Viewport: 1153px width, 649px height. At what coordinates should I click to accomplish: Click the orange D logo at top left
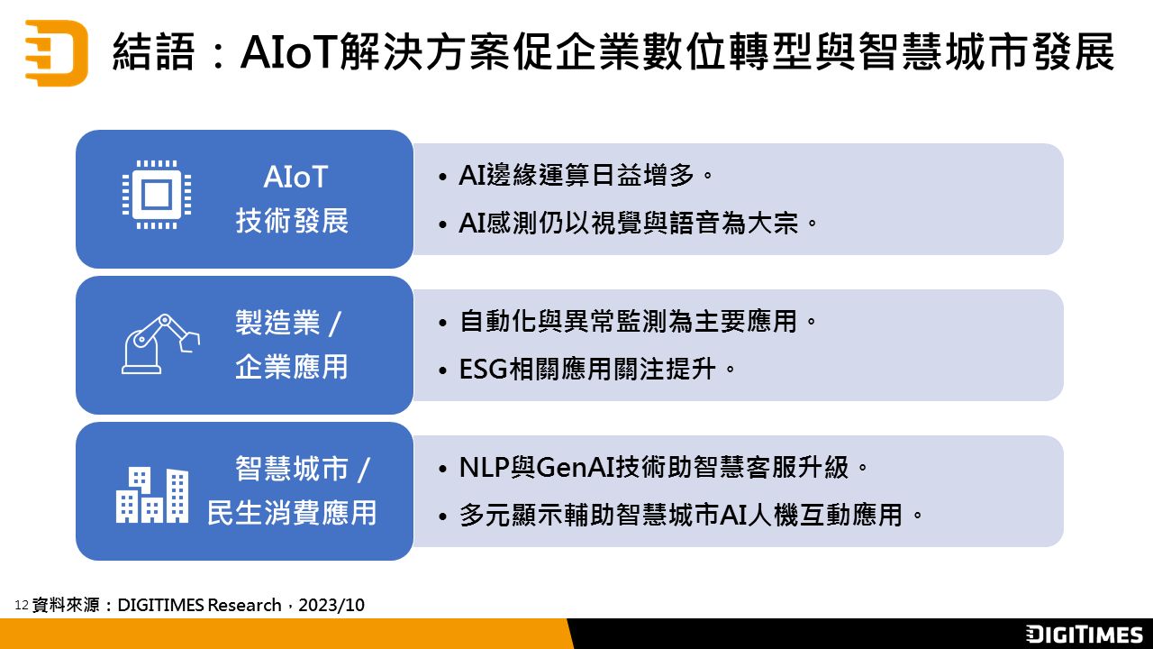click(x=57, y=53)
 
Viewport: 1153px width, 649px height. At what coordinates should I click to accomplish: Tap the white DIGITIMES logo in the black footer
click(x=1084, y=634)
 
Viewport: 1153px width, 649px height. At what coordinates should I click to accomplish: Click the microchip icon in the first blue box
click(x=157, y=195)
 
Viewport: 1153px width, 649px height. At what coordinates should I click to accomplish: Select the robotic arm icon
click(x=160, y=344)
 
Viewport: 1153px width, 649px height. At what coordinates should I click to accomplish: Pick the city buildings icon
click(x=152, y=495)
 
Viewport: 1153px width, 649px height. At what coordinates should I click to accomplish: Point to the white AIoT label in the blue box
click(x=295, y=178)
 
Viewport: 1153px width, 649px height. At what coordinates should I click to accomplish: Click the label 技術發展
click(x=292, y=221)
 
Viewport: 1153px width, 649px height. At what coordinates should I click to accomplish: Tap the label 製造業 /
click(x=288, y=323)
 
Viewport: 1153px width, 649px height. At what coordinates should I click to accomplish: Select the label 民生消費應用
click(x=292, y=513)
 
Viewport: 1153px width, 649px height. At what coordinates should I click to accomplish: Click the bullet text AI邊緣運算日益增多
click(x=586, y=175)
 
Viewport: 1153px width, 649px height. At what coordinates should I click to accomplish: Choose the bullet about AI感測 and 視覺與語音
click(x=639, y=224)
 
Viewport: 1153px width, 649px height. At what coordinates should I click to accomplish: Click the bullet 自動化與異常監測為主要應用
click(x=639, y=322)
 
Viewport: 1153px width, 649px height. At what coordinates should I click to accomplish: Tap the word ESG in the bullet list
click(x=483, y=370)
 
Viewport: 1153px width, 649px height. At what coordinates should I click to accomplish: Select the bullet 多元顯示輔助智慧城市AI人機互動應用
click(x=691, y=515)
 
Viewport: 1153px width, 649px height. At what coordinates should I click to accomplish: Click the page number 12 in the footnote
click(x=22, y=605)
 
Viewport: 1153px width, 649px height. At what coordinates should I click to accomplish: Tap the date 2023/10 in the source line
click(x=331, y=605)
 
